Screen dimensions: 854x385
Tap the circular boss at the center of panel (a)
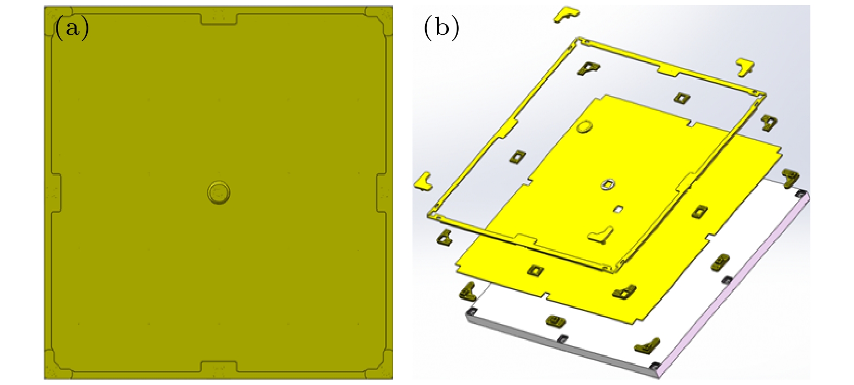[x=219, y=192]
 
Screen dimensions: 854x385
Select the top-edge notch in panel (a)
[x=219, y=19]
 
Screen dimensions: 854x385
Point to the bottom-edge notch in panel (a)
[x=219, y=367]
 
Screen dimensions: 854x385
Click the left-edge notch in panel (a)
[x=56, y=192]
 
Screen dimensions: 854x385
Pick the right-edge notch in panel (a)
[x=382, y=192]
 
